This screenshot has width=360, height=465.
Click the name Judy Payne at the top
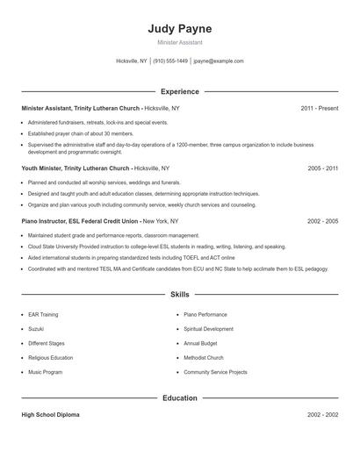(x=180, y=28)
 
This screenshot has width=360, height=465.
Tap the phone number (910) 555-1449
(x=170, y=61)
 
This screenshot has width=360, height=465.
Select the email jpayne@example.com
(x=219, y=61)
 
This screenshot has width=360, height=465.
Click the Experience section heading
(x=180, y=91)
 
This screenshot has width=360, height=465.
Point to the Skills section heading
(x=180, y=295)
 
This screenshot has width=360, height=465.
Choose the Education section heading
(x=180, y=398)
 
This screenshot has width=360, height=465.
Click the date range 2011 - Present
(x=319, y=108)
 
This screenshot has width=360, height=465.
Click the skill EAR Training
(x=43, y=314)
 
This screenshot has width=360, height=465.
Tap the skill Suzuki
(x=36, y=329)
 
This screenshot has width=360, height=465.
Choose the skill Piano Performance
(x=205, y=314)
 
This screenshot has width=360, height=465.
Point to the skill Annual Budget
(x=201, y=343)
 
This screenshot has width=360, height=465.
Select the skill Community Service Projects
(x=215, y=372)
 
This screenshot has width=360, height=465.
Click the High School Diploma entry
(x=50, y=415)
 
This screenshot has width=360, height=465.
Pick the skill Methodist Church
(x=204, y=358)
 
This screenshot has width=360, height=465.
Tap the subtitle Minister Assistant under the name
(x=180, y=42)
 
